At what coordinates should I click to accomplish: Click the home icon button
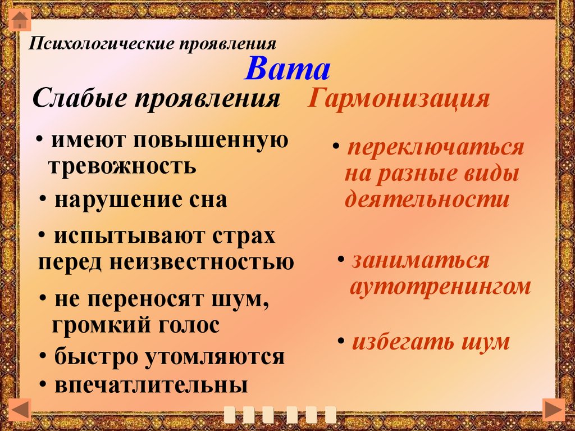(x=20, y=20)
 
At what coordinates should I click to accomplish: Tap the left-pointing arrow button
(x=20, y=409)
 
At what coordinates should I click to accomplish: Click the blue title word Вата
(x=287, y=69)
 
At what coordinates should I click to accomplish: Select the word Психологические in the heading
(x=102, y=44)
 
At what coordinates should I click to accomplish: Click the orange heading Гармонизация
(x=399, y=98)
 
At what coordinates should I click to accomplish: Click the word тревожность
(x=122, y=166)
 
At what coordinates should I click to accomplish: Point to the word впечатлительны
(x=151, y=385)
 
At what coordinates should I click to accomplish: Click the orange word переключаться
(x=436, y=148)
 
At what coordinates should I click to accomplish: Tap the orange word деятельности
(x=427, y=199)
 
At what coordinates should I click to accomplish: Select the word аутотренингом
(x=440, y=287)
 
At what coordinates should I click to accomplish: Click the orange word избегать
(x=402, y=342)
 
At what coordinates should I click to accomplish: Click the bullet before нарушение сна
(x=43, y=198)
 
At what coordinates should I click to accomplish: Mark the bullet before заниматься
(x=341, y=259)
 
